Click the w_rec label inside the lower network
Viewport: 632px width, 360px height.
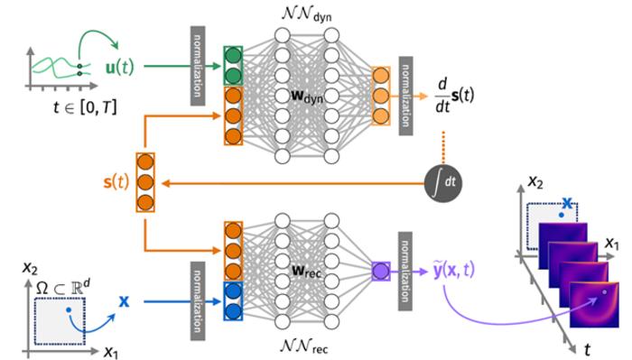pos(307,268)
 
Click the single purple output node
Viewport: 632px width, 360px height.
pos(379,269)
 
